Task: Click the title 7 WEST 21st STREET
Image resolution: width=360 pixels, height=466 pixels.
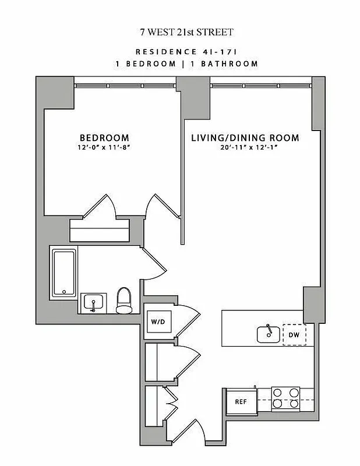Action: (179, 32)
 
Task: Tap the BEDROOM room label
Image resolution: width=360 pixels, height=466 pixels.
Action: (104, 137)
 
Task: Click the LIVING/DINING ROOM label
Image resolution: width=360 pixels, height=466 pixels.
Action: (245, 138)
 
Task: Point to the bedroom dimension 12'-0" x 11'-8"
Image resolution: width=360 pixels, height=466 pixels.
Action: (104, 147)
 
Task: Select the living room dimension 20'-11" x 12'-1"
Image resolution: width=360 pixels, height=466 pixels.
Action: (245, 148)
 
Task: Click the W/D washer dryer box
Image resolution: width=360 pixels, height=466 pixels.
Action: (158, 321)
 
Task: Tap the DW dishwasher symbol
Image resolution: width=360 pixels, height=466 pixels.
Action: (294, 334)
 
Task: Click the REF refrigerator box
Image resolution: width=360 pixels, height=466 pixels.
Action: (241, 401)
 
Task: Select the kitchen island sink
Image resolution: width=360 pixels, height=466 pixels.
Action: (267, 334)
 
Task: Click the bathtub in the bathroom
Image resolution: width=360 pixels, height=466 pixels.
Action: (63, 272)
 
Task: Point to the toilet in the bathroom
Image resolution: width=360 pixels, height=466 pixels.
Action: (124, 300)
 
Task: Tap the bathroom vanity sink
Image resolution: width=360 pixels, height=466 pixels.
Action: (93, 303)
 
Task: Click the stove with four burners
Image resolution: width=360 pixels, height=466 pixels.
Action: (286, 397)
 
